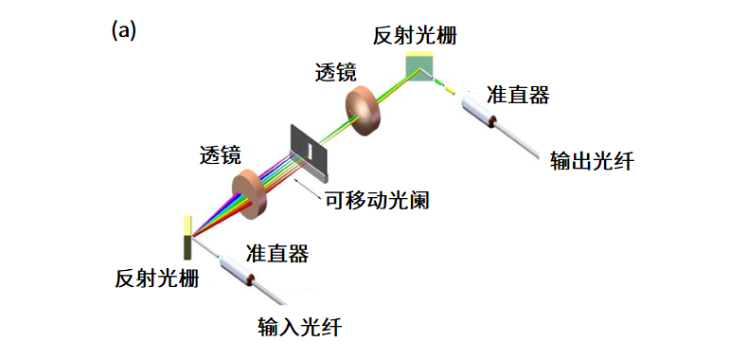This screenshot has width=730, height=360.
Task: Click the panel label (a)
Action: click(124, 30)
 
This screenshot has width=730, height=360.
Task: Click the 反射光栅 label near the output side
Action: click(415, 36)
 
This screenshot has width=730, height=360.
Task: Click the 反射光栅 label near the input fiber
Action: click(157, 279)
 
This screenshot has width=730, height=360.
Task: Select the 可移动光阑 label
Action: click(365, 200)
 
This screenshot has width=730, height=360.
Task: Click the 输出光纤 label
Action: click(592, 161)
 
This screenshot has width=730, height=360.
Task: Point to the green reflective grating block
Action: click(419, 68)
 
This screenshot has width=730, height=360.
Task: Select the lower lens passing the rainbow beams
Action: click(249, 189)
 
